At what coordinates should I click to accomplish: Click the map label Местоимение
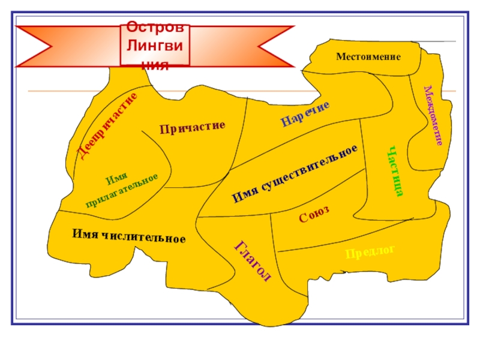point(368,57)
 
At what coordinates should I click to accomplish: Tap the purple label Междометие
point(433,115)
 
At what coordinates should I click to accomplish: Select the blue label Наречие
point(305,114)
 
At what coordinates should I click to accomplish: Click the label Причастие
point(192,127)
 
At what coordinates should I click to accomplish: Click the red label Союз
point(314,214)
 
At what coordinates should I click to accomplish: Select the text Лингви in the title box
point(155,46)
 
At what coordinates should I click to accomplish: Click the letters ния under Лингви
point(155,62)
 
